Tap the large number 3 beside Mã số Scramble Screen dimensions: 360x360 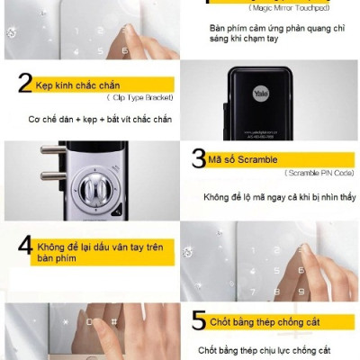coord(199,158)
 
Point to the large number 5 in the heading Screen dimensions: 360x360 coord(199,321)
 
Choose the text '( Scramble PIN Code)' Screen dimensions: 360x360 coord(319,172)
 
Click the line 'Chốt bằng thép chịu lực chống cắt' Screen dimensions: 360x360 coord(265,349)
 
